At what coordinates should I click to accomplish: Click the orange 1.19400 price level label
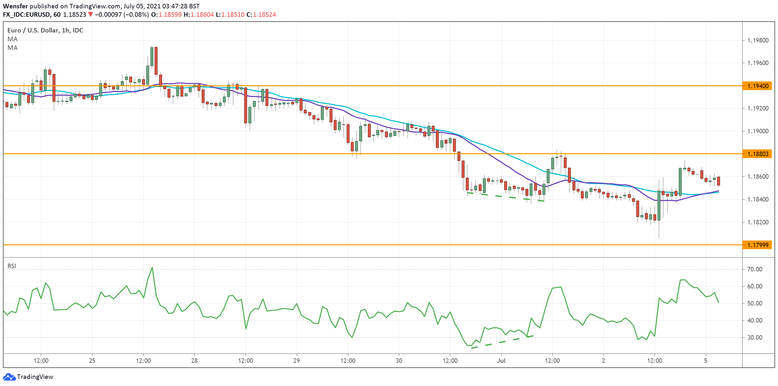click(x=757, y=86)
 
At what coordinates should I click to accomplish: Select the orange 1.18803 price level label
click(x=757, y=154)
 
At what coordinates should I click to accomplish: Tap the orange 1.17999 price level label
click(x=757, y=245)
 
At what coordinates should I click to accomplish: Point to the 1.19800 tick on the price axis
click(x=757, y=41)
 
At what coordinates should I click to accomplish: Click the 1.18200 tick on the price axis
click(x=757, y=222)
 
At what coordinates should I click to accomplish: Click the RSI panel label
click(x=12, y=266)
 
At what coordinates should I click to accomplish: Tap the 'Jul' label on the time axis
click(x=501, y=361)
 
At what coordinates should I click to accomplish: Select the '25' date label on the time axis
click(x=92, y=361)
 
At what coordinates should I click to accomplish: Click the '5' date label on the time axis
click(x=706, y=361)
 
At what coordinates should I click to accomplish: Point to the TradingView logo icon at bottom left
click(x=9, y=377)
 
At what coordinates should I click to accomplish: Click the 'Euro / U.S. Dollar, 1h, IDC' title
click(x=45, y=30)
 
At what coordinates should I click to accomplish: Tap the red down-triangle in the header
click(x=91, y=14)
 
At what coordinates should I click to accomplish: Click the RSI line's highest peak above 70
click(x=152, y=268)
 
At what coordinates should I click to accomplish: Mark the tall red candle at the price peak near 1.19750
click(x=156, y=61)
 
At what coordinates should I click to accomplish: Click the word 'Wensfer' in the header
click(x=15, y=6)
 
